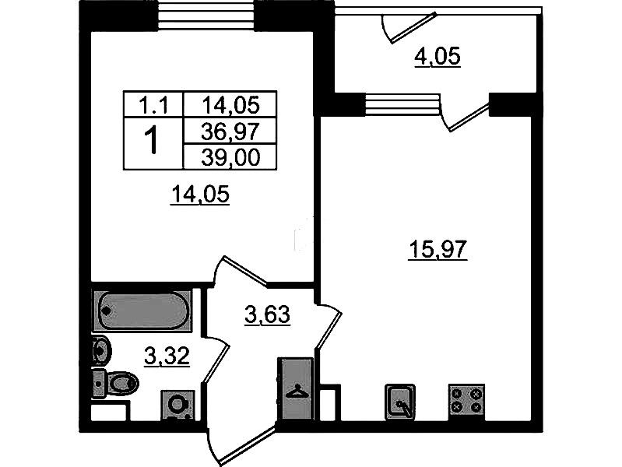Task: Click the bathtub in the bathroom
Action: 142,311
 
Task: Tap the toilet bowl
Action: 116,384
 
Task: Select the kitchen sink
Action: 400,402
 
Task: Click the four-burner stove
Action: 466,402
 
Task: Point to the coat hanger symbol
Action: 297,391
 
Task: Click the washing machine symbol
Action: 177,405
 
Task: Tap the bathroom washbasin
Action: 100,350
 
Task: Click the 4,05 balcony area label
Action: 438,56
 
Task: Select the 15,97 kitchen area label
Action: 438,250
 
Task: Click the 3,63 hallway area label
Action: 267,315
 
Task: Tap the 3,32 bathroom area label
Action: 167,356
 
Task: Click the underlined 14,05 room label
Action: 200,195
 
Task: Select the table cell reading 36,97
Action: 230,131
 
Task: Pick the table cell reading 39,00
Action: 230,157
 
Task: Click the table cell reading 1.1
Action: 153,105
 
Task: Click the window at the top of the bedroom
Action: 206,16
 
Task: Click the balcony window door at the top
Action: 410,27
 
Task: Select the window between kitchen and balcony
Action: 402,104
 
